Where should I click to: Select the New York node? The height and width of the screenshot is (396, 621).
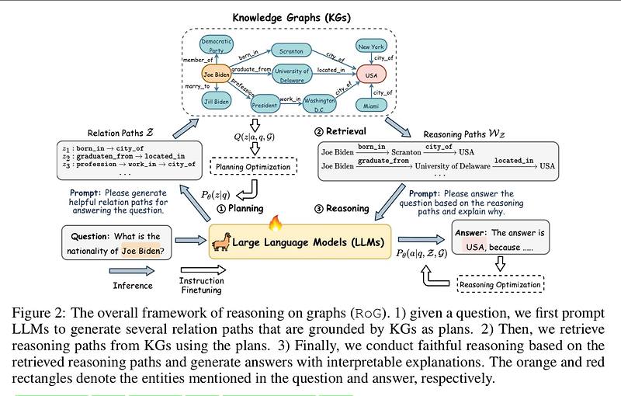click(x=371, y=47)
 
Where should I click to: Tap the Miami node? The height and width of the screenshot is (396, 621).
click(x=371, y=104)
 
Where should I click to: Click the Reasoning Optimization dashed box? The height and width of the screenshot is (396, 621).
click(x=500, y=284)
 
